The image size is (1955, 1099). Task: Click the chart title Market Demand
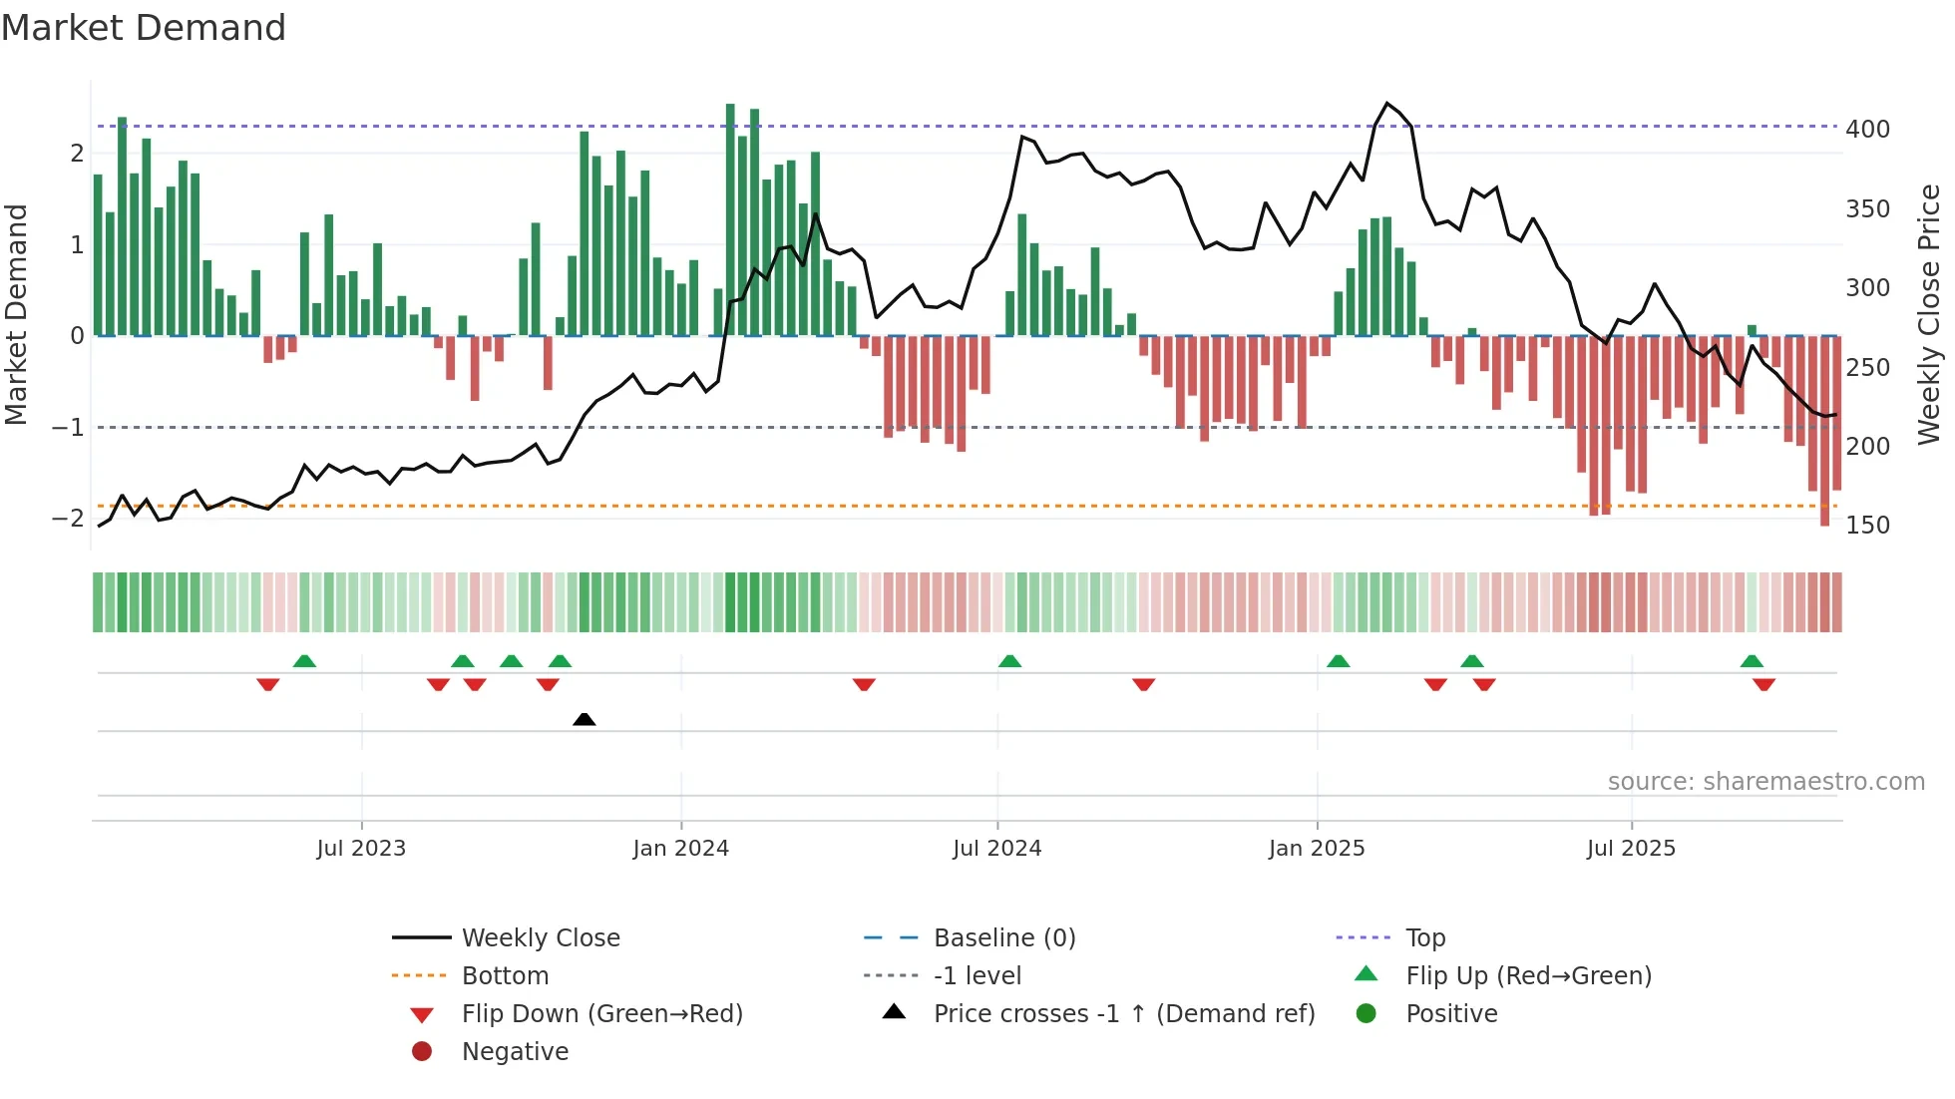tap(144, 28)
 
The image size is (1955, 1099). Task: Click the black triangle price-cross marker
tap(585, 719)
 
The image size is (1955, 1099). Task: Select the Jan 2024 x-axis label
tap(680, 849)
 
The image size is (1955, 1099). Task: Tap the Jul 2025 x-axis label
tap(1631, 849)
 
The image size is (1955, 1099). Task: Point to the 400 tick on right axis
tap(1867, 130)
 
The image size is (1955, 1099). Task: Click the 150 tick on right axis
tap(1867, 526)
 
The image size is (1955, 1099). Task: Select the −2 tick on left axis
tap(68, 518)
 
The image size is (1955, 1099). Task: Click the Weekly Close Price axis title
tap(1929, 314)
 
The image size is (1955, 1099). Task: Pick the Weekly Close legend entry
tap(540, 938)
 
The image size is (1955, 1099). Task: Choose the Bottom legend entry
tap(505, 976)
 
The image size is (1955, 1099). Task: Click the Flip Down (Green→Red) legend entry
tap(601, 1014)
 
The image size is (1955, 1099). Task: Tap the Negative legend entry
tap(515, 1052)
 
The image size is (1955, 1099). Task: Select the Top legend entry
tap(1425, 938)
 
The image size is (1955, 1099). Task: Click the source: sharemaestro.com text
tap(1765, 782)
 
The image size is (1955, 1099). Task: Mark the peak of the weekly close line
tap(1386, 104)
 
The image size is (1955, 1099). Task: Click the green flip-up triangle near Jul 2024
tap(1009, 661)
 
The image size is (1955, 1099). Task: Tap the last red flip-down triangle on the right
tap(1763, 684)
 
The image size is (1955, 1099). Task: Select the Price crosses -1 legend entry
tap(1123, 1014)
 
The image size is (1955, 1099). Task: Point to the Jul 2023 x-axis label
tap(361, 849)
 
